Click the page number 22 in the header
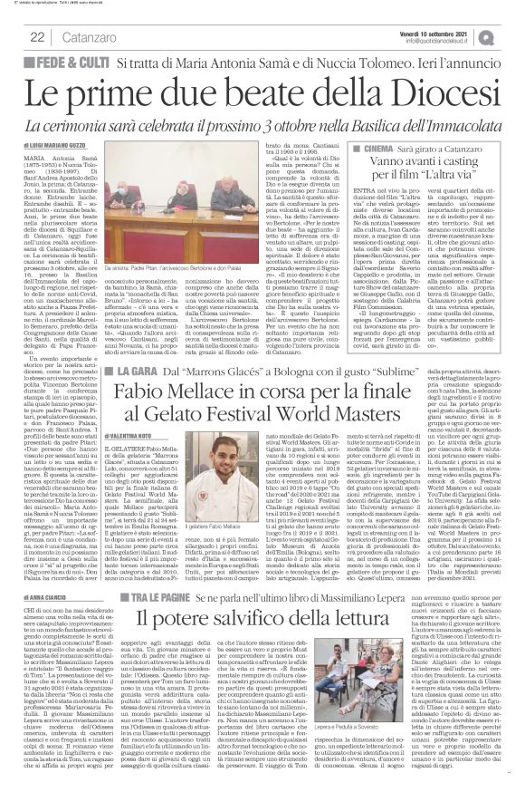14,36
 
